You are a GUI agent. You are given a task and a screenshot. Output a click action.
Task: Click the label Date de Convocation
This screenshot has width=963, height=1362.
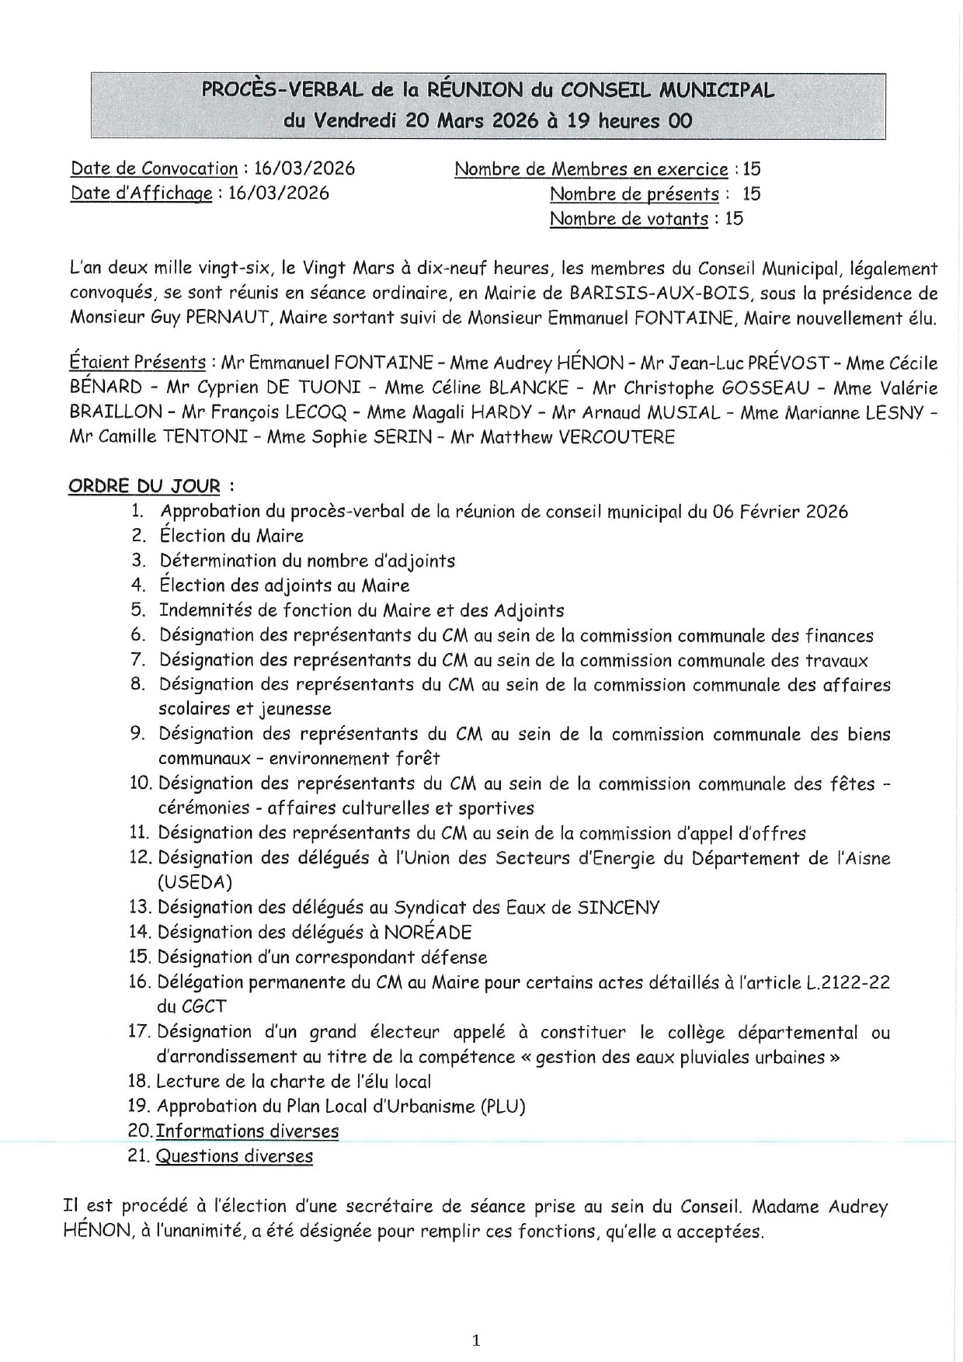point(154,169)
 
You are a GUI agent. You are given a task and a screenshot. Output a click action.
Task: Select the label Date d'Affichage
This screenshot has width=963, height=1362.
point(141,193)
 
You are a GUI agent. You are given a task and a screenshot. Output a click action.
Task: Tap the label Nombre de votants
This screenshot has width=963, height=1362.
point(628,219)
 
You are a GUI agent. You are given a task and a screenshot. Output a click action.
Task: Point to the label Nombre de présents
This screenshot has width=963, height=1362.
point(634,194)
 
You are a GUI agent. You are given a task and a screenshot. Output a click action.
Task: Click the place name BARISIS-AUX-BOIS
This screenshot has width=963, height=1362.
point(659,294)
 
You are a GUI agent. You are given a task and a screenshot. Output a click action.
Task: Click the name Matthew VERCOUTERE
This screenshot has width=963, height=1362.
point(577,437)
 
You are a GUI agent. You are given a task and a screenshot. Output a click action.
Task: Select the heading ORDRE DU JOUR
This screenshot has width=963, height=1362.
point(144,486)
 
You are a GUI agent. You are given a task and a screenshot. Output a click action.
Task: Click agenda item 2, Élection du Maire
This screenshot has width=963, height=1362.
point(231,536)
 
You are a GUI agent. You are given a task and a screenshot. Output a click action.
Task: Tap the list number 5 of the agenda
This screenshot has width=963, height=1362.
point(138,610)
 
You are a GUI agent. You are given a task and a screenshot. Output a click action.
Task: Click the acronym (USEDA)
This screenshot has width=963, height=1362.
point(195,882)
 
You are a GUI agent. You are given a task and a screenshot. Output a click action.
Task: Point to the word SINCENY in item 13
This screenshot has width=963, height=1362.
point(618,907)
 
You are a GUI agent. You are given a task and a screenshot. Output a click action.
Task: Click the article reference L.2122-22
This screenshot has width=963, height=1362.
point(847,982)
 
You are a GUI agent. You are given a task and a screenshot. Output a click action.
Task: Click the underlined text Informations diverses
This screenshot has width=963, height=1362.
point(247,1131)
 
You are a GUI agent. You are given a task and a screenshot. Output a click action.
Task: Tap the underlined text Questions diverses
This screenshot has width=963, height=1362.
point(234,1155)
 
